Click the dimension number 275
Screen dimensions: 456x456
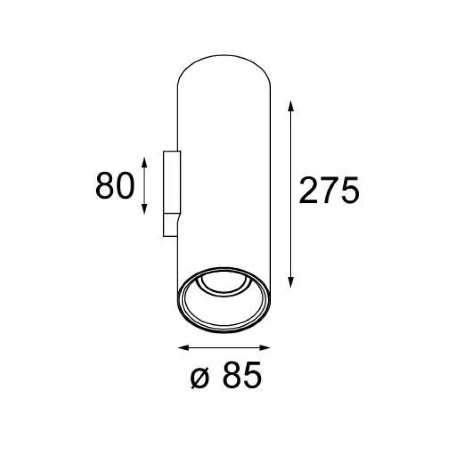click(x=329, y=190)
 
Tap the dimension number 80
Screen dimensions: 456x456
click(x=115, y=186)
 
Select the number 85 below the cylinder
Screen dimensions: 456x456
click(x=242, y=375)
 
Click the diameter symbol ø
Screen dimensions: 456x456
click(x=200, y=378)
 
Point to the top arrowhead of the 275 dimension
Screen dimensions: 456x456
click(x=290, y=106)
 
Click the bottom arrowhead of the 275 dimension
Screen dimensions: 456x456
click(x=290, y=282)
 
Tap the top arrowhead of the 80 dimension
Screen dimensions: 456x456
click(x=144, y=162)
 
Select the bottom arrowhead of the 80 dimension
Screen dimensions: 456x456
click(x=144, y=209)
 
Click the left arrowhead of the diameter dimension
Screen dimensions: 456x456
click(x=184, y=347)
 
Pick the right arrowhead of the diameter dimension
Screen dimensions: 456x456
click(x=265, y=347)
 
